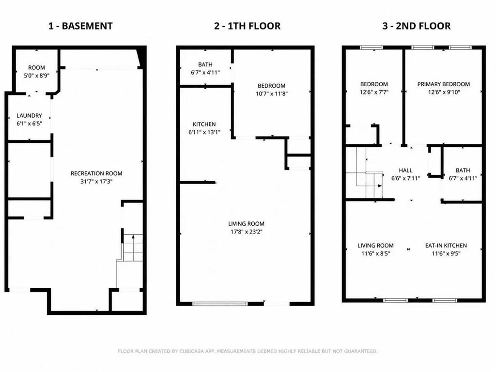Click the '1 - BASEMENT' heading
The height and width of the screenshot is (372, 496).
[80, 26]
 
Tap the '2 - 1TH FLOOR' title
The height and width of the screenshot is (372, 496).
[247, 26]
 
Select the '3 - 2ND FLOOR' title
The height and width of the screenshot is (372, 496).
[416, 26]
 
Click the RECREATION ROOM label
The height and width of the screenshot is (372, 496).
[96, 173]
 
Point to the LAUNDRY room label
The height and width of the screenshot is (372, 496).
[29, 115]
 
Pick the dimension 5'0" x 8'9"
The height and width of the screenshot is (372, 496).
[37, 76]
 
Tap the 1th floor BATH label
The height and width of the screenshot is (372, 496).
[205, 64]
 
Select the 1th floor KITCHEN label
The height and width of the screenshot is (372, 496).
[204, 124]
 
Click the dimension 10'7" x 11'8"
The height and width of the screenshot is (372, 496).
[271, 93]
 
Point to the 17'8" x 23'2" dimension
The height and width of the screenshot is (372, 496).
[247, 232]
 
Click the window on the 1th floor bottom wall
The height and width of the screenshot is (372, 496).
[220, 304]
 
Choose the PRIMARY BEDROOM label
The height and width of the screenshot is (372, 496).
[444, 84]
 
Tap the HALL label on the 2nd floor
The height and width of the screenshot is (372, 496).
[405, 170]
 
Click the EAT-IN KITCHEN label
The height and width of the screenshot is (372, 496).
[446, 246]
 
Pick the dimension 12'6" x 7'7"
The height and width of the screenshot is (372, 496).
[374, 92]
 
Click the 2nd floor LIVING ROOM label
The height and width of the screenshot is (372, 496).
[375, 246]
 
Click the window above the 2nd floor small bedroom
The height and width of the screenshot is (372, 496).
[372, 48]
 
